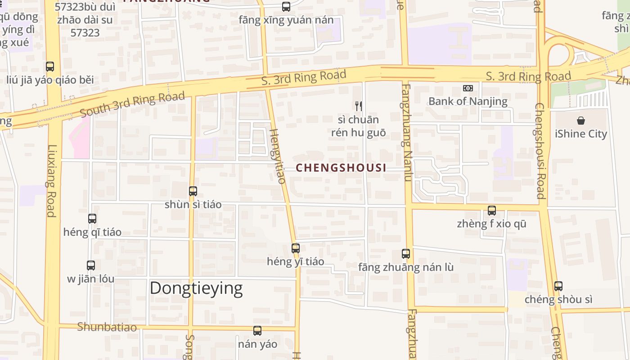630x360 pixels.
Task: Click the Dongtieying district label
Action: click(196, 288)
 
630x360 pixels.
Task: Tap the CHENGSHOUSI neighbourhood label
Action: click(341, 168)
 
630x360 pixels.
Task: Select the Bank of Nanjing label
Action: click(468, 101)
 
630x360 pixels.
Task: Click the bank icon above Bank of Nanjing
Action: click(468, 88)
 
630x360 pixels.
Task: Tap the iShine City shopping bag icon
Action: click(581, 121)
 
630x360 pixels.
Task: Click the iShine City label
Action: click(581, 134)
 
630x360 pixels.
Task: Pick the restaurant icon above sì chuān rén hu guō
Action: click(358, 106)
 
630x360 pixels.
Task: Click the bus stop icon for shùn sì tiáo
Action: click(193, 191)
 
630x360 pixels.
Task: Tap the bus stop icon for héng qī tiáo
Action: click(92, 219)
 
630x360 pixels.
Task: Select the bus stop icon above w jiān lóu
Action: click(91, 265)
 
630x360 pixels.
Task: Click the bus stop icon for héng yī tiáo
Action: click(296, 248)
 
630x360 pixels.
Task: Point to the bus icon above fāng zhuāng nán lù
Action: click(406, 254)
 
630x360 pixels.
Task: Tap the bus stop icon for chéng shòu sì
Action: click(558, 286)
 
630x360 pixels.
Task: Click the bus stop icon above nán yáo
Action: click(257, 331)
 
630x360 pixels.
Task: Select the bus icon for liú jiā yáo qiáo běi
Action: click(50, 67)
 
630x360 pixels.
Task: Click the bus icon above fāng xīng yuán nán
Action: click(286, 7)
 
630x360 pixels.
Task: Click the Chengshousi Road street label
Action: click(540, 151)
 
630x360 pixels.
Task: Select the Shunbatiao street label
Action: click(107, 327)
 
